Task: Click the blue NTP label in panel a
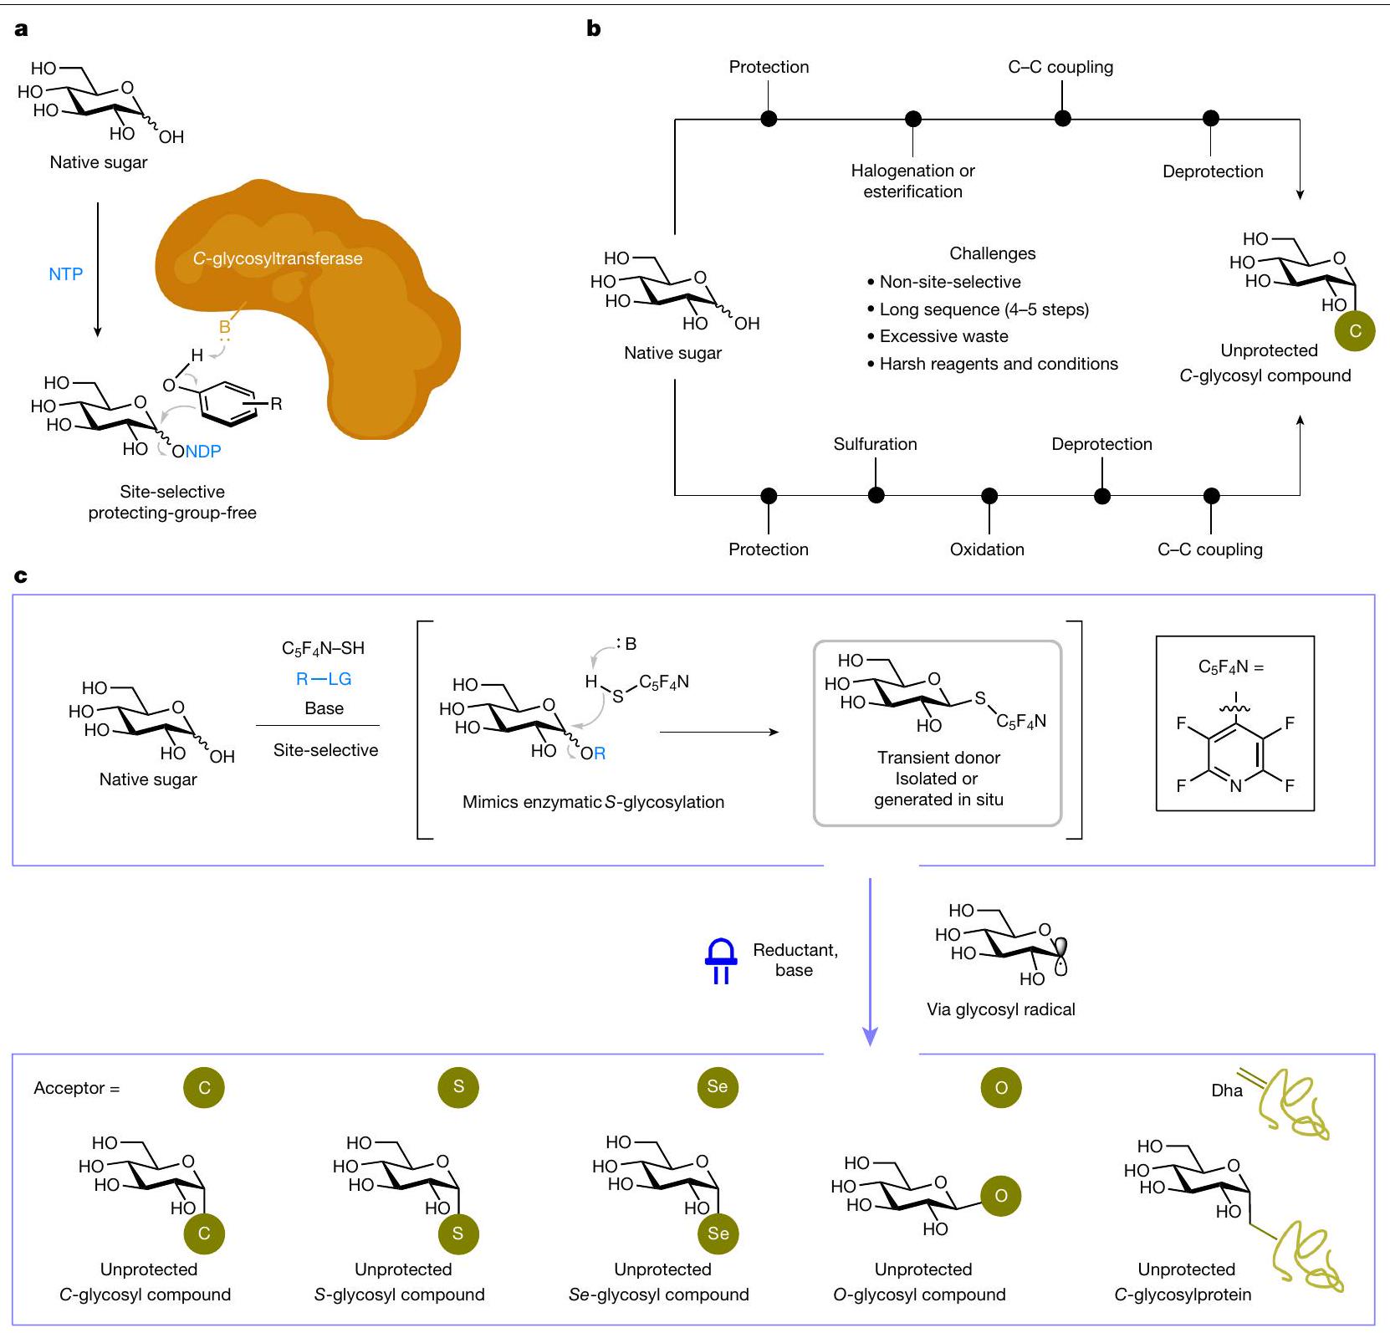click(65, 274)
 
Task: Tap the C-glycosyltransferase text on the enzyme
click(278, 258)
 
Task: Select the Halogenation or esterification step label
click(912, 181)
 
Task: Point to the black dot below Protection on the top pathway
click(769, 119)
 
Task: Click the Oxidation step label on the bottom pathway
click(987, 549)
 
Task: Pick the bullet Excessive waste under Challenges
click(943, 336)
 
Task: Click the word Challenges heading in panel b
click(992, 253)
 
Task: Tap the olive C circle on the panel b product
click(1355, 330)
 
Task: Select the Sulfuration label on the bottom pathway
click(875, 444)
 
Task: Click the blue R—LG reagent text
click(324, 679)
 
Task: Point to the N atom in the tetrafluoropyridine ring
click(1235, 786)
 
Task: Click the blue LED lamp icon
click(721, 962)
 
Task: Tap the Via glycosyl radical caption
click(1000, 1009)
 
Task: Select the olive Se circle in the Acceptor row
click(718, 1086)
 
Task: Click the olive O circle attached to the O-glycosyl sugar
click(1000, 1196)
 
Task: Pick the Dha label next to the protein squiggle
click(1227, 1090)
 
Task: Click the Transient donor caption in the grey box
click(938, 758)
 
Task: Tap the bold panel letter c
click(21, 576)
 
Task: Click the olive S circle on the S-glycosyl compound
click(457, 1233)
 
